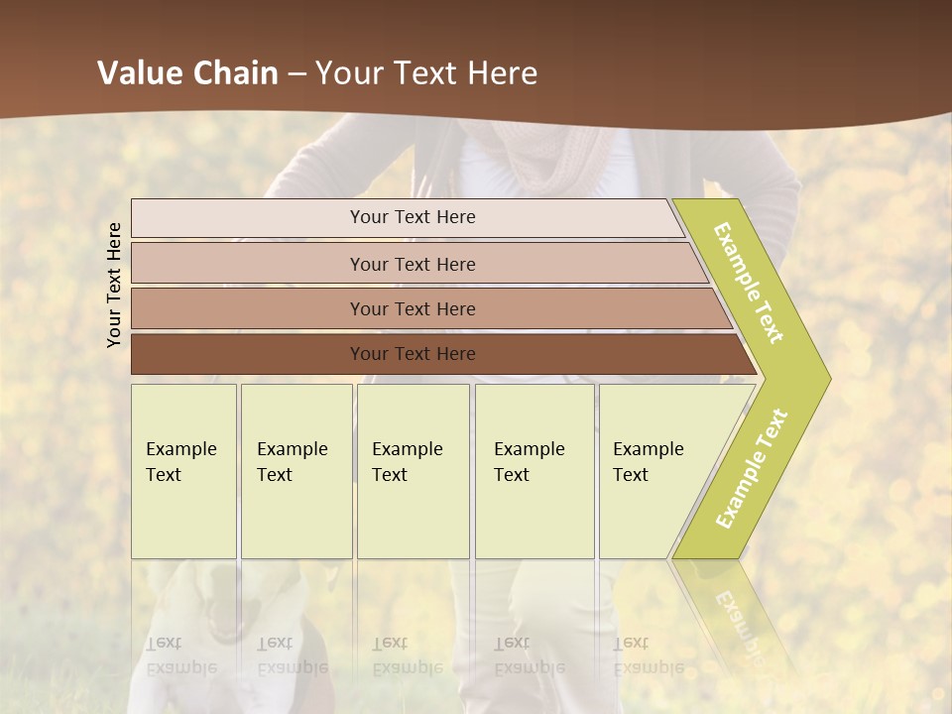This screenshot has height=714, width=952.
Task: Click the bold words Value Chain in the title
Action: click(x=187, y=73)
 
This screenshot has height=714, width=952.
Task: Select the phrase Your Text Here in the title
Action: click(x=426, y=73)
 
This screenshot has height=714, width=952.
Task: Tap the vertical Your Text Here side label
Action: click(x=114, y=285)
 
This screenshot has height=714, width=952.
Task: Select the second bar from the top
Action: click(x=412, y=264)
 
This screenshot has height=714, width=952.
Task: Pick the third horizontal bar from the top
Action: click(x=412, y=308)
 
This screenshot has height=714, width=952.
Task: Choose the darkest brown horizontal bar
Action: click(x=412, y=354)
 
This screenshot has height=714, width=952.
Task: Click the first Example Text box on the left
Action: click(x=183, y=471)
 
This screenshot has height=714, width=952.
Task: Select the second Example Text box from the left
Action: click(x=296, y=471)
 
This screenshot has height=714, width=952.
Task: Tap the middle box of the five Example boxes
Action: click(x=413, y=471)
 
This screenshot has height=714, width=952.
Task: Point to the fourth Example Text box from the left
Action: click(x=535, y=471)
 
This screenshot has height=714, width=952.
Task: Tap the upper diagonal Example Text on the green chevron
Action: click(x=749, y=283)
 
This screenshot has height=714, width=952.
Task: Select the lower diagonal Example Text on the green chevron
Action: click(x=751, y=469)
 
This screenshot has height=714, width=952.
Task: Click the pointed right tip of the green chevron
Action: click(x=825, y=378)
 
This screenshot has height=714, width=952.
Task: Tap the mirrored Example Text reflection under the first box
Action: click(x=180, y=655)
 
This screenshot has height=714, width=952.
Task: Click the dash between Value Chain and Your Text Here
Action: click(x=297, y=73)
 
